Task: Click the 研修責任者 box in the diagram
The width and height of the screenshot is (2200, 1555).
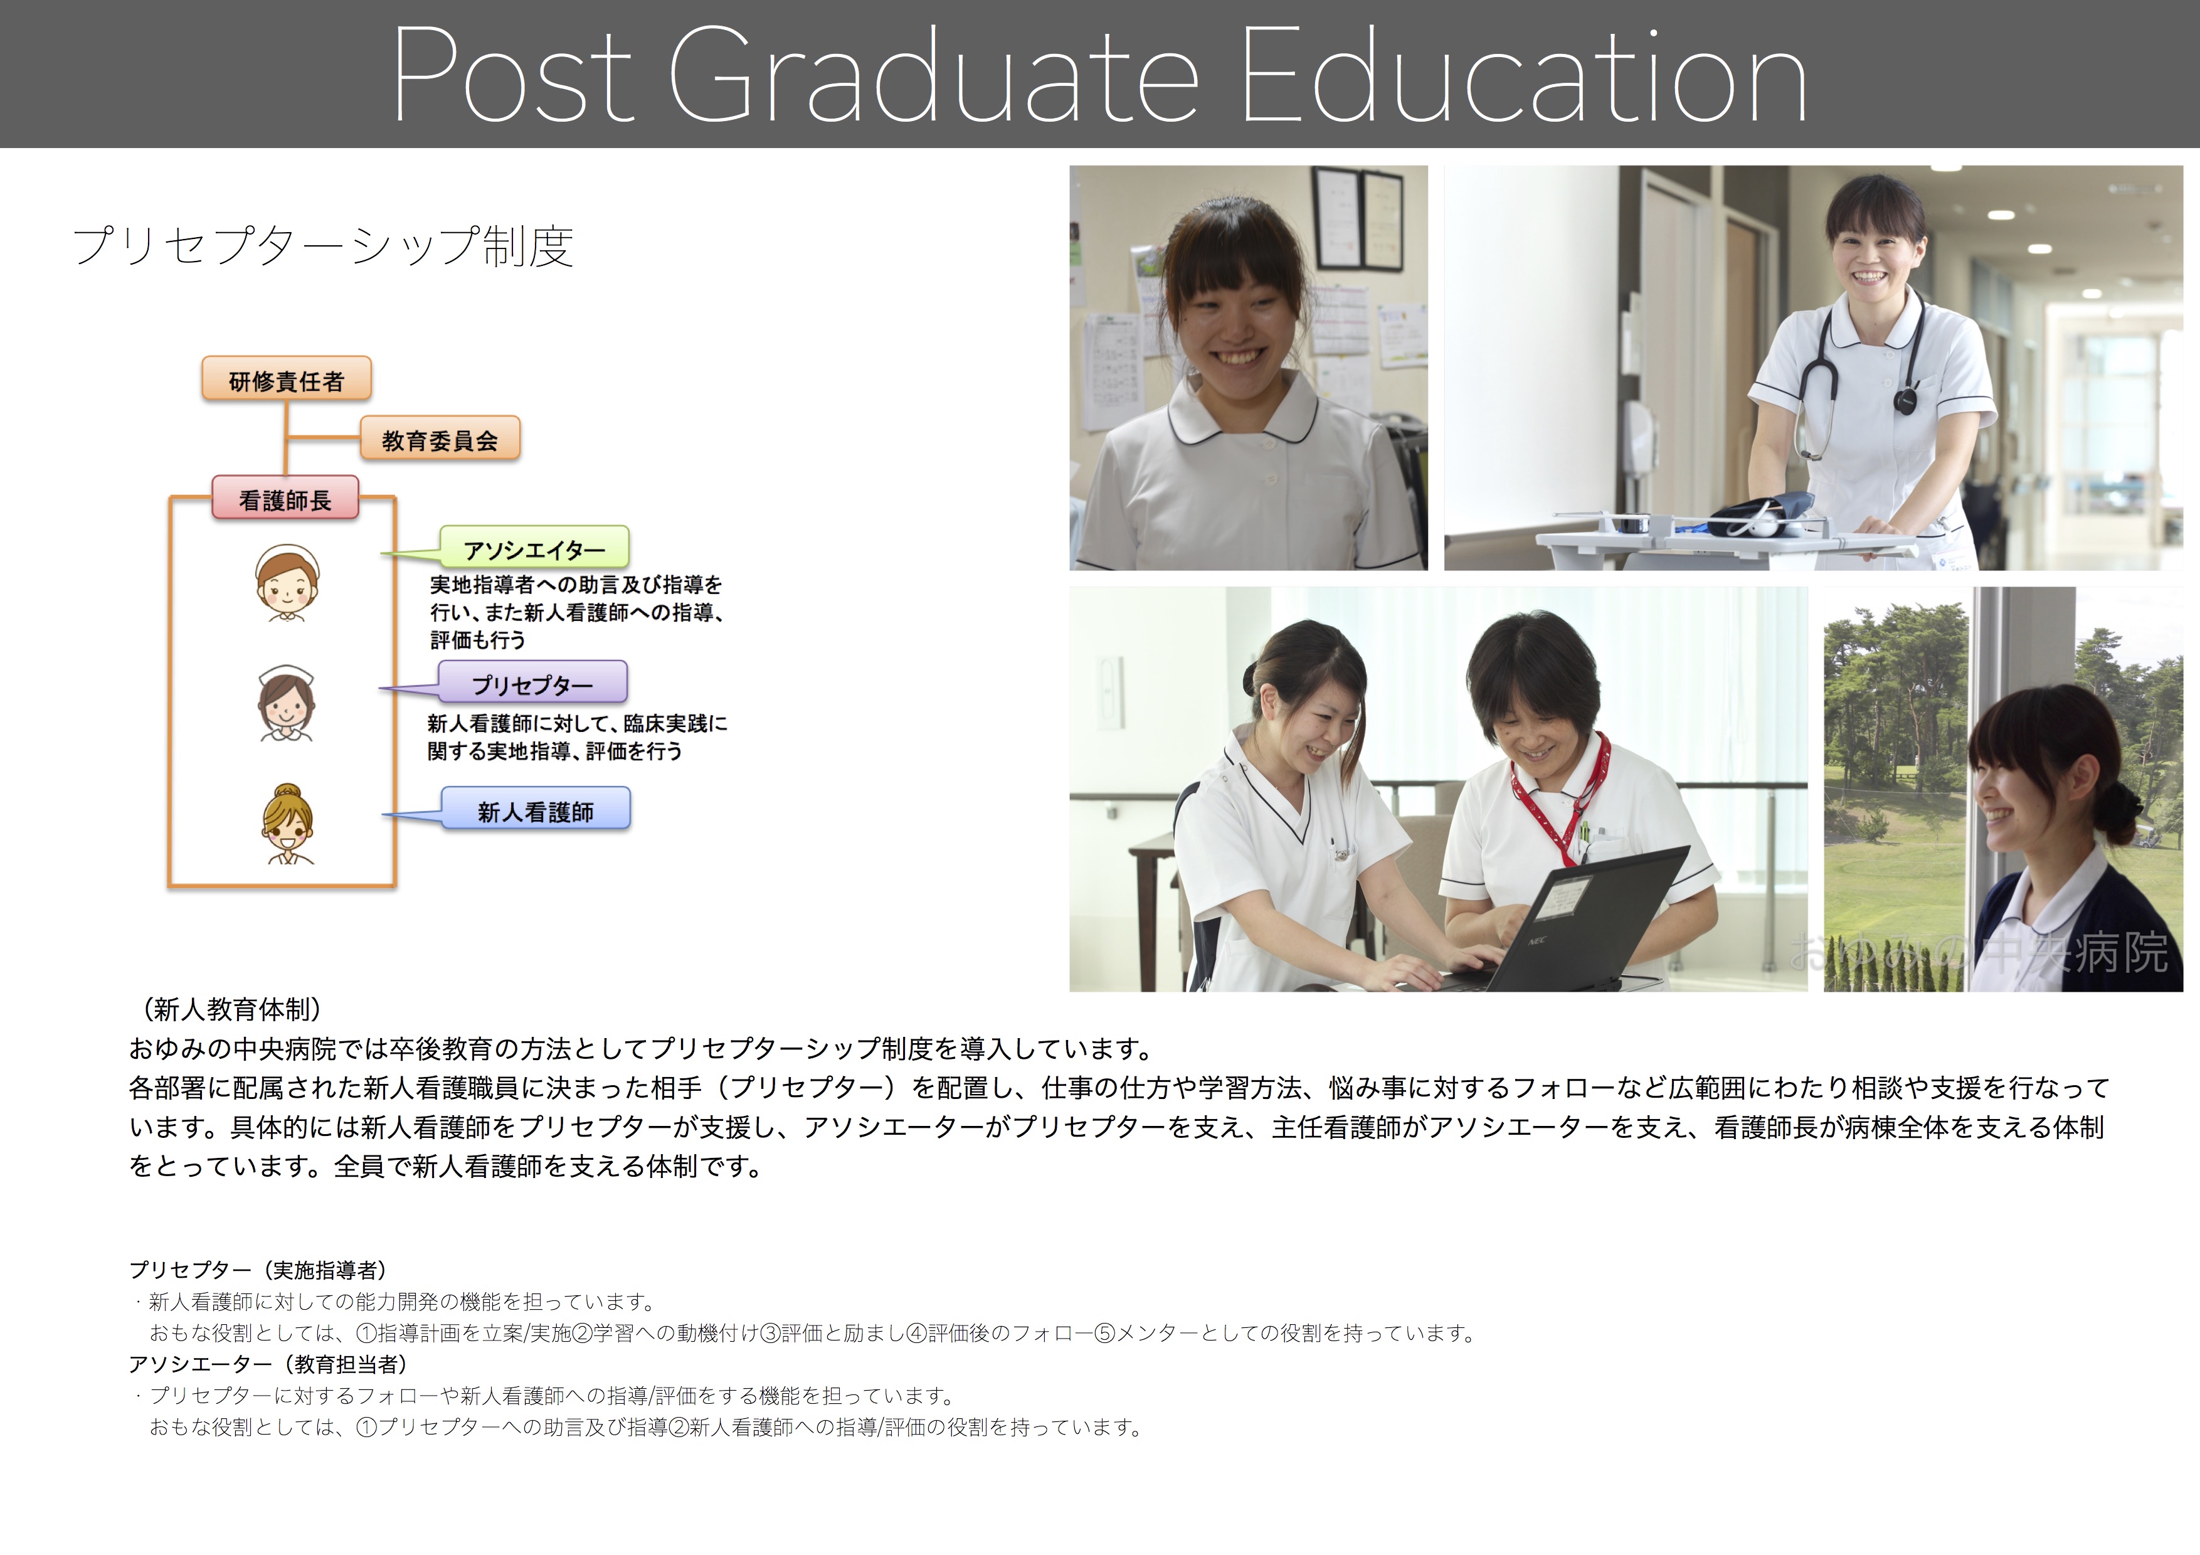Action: point(287,379)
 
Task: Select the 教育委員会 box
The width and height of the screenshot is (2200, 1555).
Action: point(440,439)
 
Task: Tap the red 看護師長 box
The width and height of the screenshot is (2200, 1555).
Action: point(285,498)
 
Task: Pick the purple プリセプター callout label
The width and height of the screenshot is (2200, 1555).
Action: point(532,683)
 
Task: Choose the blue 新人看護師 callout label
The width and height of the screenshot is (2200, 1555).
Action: point(536,810)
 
